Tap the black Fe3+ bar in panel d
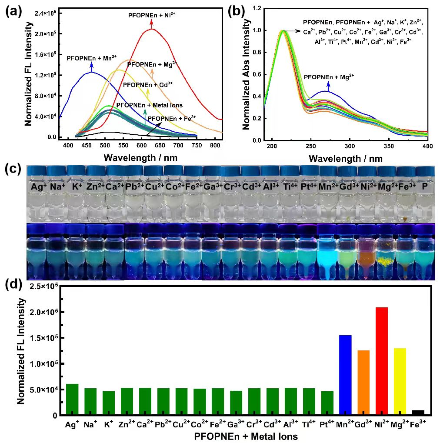coord(418,412)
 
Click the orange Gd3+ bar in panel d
coord(363,382)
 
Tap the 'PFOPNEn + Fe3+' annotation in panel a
coord(172,117)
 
